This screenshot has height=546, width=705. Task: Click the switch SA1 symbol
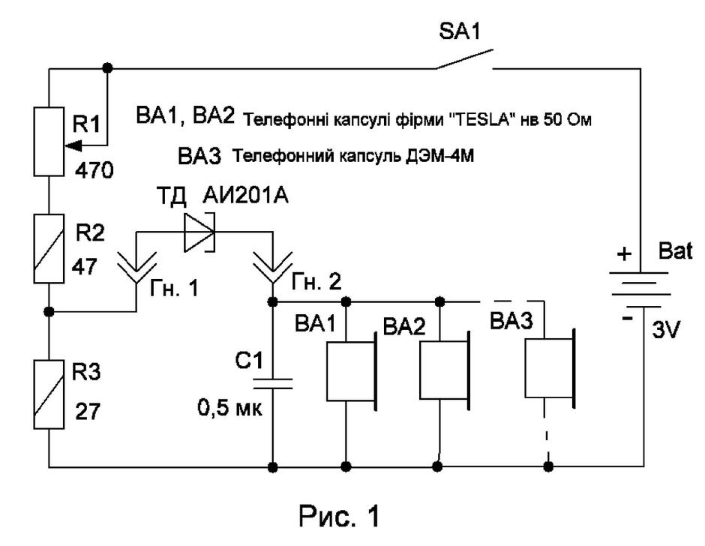pos(464,60)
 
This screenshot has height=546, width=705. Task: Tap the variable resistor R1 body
pos(49,141)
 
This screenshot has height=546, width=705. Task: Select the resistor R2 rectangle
pos(49,248)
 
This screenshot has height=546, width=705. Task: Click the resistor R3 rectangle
pos(49,394)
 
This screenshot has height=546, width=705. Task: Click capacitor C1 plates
pos(272,384)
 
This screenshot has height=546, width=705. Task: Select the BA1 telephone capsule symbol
pos(352,371)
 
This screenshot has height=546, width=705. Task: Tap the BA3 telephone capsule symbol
pos(550,368)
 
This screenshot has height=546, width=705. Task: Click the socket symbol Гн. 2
pos(272,268)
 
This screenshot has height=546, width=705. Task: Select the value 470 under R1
pos(94,171)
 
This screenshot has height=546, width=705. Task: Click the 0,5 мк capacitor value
pos(229,408)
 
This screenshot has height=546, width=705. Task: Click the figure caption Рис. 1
pos(339,516)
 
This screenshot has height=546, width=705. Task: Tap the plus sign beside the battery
pos(624,253)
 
